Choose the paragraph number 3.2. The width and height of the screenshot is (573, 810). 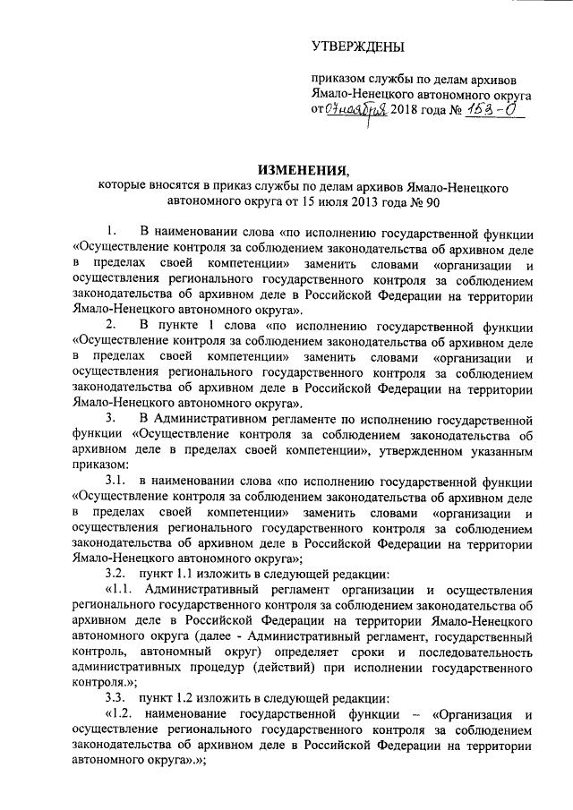point(115,572)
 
